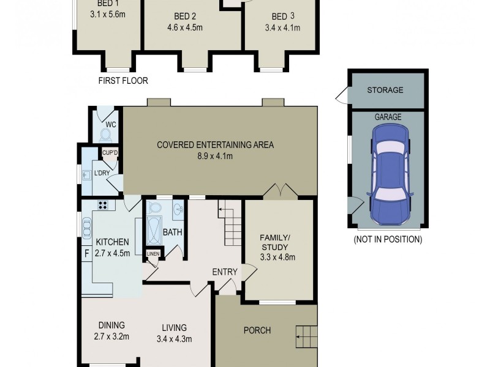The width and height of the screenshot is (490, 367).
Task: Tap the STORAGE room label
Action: (x=385, y=91)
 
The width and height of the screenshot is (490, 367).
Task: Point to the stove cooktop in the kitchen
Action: (x=102, y=206)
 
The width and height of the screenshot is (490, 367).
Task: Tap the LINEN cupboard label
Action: (x=153, y=254)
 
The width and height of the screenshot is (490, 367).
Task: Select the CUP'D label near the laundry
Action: (x=110, y=153)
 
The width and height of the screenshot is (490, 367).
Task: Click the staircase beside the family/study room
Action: (x=232, y=224)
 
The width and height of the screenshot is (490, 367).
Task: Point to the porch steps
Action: (x=306, y=336)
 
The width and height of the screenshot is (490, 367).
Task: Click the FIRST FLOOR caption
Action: (x=123, y=81)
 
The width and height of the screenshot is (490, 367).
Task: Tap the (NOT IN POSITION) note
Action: (x=388, y=239)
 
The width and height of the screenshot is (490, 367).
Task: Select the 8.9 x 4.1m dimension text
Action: (x=215, y=157)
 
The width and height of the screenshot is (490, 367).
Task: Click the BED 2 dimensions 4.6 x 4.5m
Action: (x=184, y=27)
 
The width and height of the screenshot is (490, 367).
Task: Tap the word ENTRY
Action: (x=224, y=272)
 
